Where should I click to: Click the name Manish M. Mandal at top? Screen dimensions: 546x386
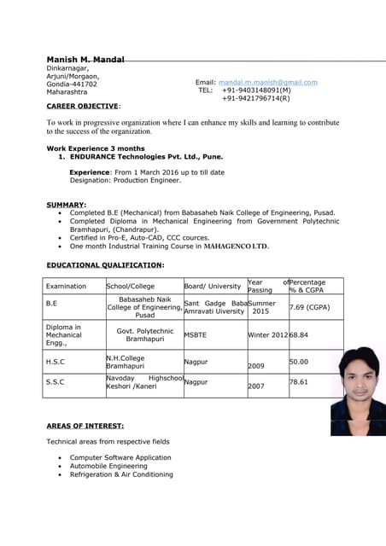(85, 59)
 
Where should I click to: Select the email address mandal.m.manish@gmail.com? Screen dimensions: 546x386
(267, 83)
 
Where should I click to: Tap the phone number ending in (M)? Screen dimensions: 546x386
(256, 90)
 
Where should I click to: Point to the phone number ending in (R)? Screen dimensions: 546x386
(255, 98)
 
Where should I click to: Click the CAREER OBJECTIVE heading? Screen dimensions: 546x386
(82, 106)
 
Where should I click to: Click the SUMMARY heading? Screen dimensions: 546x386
(66, 205)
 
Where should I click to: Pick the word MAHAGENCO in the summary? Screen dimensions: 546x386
(227, 246)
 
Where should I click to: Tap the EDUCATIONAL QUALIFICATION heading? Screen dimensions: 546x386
(104, 265)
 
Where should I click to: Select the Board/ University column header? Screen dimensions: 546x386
(213, 287)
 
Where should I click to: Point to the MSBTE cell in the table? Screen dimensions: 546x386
(196, 335)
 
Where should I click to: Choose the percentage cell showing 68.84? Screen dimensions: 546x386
(299, 335)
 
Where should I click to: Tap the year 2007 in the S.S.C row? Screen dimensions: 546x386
(256, 386)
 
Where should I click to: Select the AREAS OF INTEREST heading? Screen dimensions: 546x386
(85, 425)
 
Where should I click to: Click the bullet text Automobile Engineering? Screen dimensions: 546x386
(108, 467)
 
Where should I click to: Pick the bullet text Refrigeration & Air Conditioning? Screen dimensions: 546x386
(121, 475)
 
